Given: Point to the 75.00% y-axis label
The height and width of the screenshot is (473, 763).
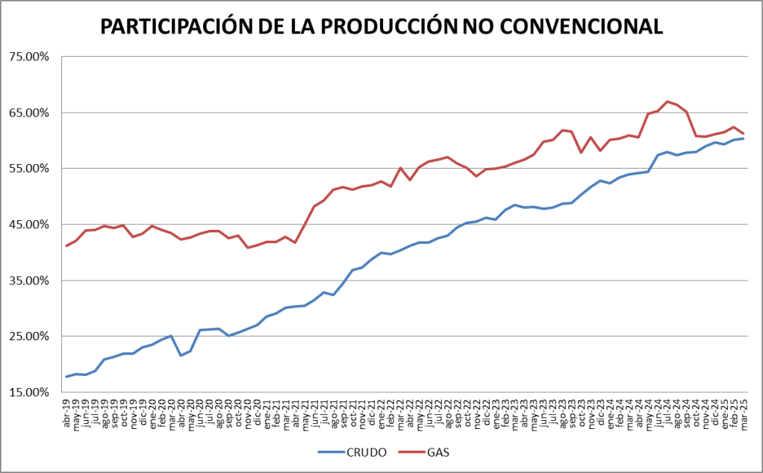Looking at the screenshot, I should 29,57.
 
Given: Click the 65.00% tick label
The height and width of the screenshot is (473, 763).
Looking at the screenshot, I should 29,113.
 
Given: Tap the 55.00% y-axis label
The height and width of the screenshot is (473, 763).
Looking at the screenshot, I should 29,169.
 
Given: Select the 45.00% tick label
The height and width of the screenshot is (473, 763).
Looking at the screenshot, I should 29,225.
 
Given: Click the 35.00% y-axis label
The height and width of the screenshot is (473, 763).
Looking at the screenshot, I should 29,281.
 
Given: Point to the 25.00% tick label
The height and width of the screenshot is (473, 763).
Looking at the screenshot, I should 29,336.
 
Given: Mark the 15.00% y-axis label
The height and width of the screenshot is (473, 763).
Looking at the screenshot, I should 29,392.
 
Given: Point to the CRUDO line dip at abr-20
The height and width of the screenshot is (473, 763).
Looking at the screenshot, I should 181,355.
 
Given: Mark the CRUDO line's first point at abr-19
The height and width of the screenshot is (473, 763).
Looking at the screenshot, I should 66,377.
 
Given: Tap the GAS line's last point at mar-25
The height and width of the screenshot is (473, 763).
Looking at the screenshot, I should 744,134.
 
